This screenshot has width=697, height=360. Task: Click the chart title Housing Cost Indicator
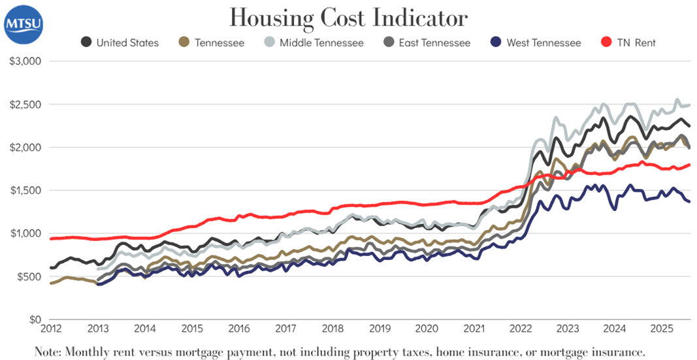coord(348,17)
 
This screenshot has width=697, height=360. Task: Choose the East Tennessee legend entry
coord(428,42)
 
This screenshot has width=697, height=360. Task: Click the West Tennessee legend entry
coord(535,42)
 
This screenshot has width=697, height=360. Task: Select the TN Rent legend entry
coord(627,42)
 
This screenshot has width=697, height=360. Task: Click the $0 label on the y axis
coord(34,319)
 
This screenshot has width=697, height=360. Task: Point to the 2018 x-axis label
coord(333,328)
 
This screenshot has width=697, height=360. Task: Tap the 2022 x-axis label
coord(521,328)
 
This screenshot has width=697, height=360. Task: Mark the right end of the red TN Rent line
coord(690,165)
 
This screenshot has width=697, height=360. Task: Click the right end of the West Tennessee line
coord(690,201)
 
